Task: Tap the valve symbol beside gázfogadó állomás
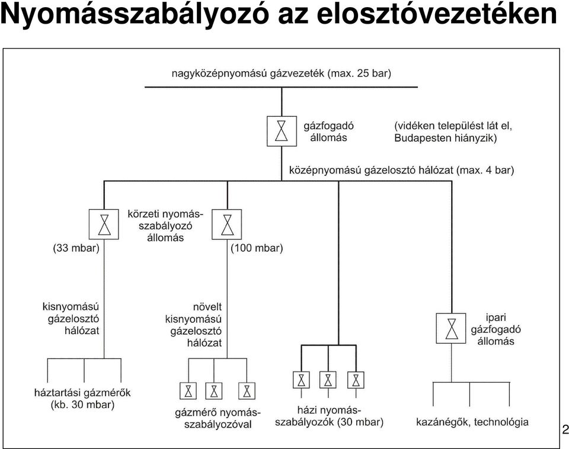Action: click(282, 131)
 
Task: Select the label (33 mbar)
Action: click(76, 248)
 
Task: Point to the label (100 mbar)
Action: click(257, 248)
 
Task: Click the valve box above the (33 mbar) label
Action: click(104, 224)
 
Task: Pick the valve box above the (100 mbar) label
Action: click(227, 224)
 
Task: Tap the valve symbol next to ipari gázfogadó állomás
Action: click(451, 328)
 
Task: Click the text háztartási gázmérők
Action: click(82, 393)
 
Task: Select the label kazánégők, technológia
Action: click(472, 422)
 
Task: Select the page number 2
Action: click(565, 430)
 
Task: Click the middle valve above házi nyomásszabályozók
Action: click(328, 380)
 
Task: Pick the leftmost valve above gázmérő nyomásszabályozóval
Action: click(188, 391)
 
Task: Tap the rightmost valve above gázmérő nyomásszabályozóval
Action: click(247, 391)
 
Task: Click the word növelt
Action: click(207, 307)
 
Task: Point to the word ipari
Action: click(496, 317)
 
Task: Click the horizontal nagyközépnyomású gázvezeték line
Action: click(281, 87)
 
